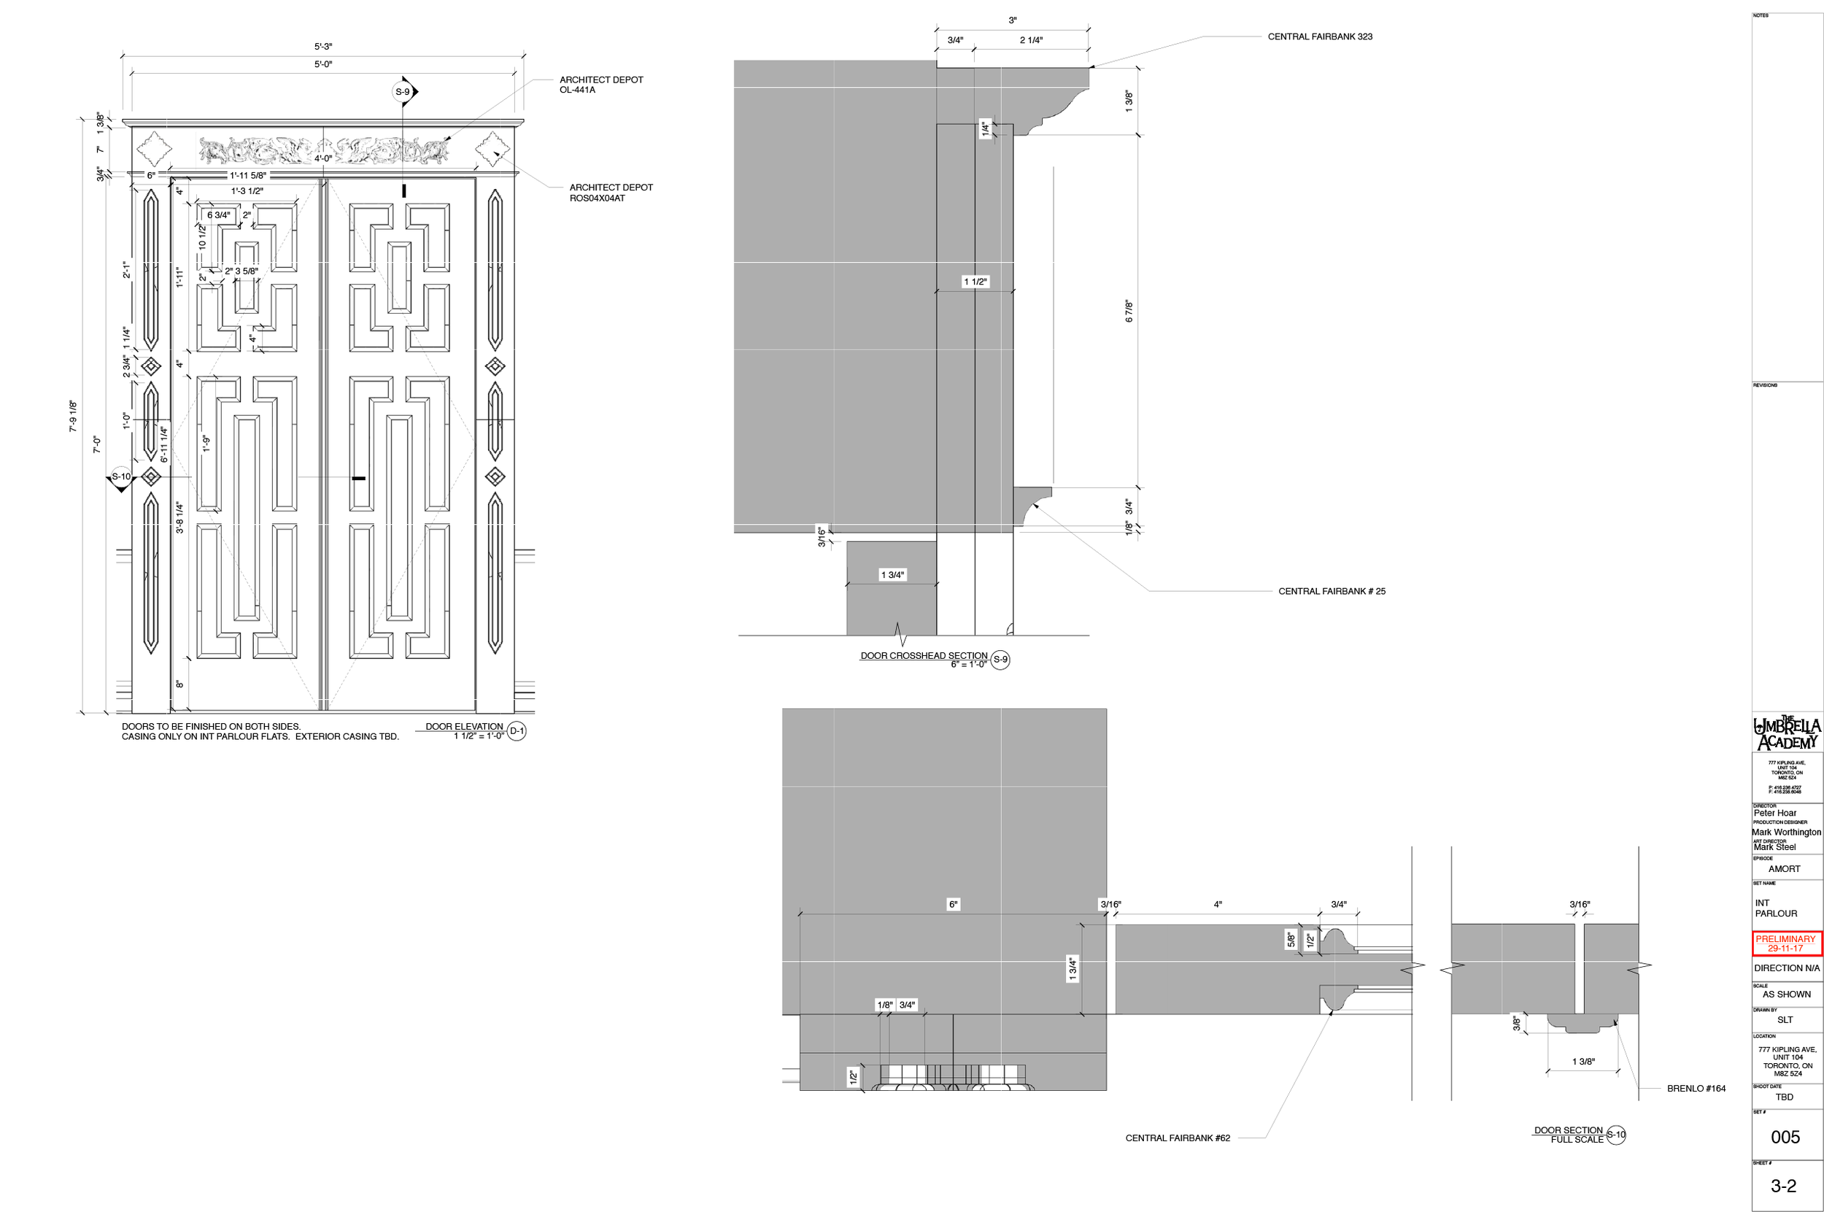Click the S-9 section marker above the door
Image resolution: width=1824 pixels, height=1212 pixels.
click(403, 92)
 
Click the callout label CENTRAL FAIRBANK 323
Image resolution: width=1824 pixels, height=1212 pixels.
click(1319, 36)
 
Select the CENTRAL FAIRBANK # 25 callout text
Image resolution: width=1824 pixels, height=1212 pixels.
click(1331, 591)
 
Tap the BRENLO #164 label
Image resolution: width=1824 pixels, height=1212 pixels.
click(1696, 1089)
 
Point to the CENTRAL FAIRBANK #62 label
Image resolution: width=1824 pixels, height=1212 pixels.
click(1177, 1138)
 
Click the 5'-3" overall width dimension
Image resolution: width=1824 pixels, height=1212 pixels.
click(323, 47)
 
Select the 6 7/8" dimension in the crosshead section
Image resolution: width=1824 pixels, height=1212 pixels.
click(1129, 311)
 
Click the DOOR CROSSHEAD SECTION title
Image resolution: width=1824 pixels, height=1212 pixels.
click(924, 655)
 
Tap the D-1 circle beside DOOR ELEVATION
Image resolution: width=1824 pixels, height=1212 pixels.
click(517, 730)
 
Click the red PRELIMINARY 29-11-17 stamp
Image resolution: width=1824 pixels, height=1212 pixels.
click(1785, 943)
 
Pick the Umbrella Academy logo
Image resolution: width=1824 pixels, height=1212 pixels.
click(1786, 733)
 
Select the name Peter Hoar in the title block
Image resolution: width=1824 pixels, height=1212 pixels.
click(1774, 813)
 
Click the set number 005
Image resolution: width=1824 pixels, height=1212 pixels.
click(1785, 1137)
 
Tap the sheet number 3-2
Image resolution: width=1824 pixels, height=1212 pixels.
click(1783, 1186)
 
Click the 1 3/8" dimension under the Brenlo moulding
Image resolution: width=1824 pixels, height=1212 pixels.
click(1583, 1061)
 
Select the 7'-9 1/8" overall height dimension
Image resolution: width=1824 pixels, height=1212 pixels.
click(74, 416)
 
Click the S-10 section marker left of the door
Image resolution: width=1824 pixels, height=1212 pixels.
click(121, 477)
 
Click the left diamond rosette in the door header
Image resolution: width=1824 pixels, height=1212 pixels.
click(154, 148)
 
